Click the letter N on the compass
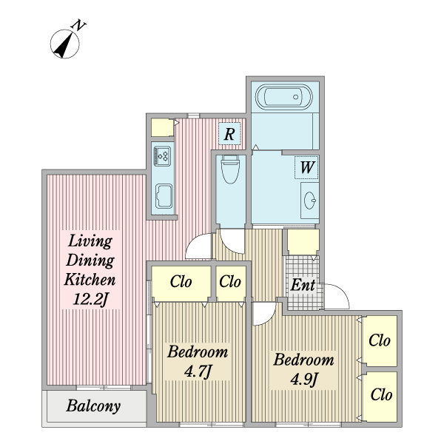78,26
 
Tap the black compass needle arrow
65,45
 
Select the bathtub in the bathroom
284,97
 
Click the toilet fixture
230,169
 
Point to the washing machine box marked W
306,167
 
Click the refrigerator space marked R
229,133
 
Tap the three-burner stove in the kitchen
162,156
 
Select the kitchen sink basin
164,196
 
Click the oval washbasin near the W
310,201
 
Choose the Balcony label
93,406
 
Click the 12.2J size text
90,299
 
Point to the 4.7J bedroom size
198,371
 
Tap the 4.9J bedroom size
304,379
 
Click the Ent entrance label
303,285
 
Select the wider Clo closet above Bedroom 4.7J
181,281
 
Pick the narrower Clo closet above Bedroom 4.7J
230,281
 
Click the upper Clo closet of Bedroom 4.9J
380,340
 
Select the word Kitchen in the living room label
90,280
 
